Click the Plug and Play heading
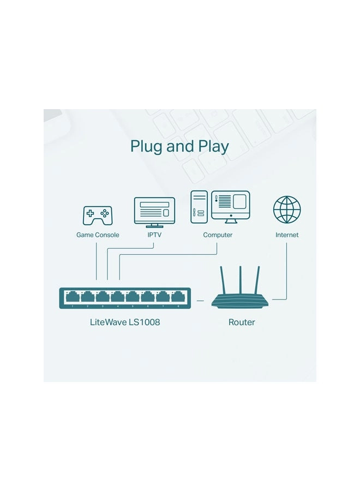click(x=179, y=146)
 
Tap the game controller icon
click(x=97, y=215)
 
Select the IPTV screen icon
click(x=154, y=212)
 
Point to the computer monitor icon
click(x=230, y=206)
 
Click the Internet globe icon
click(x=287, y=210)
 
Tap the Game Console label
click(x=98, y=235)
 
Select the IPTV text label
click(x=154, y=235)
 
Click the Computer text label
click(x=218, y=235)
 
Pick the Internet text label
click(x=287, y=235)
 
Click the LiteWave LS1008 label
click(x=125, y=322)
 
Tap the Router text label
click(x=242, y=322)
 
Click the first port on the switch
click(x=73, y=297)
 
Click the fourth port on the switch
click(x=118, y=297)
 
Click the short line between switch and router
click(x=200, y=300)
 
